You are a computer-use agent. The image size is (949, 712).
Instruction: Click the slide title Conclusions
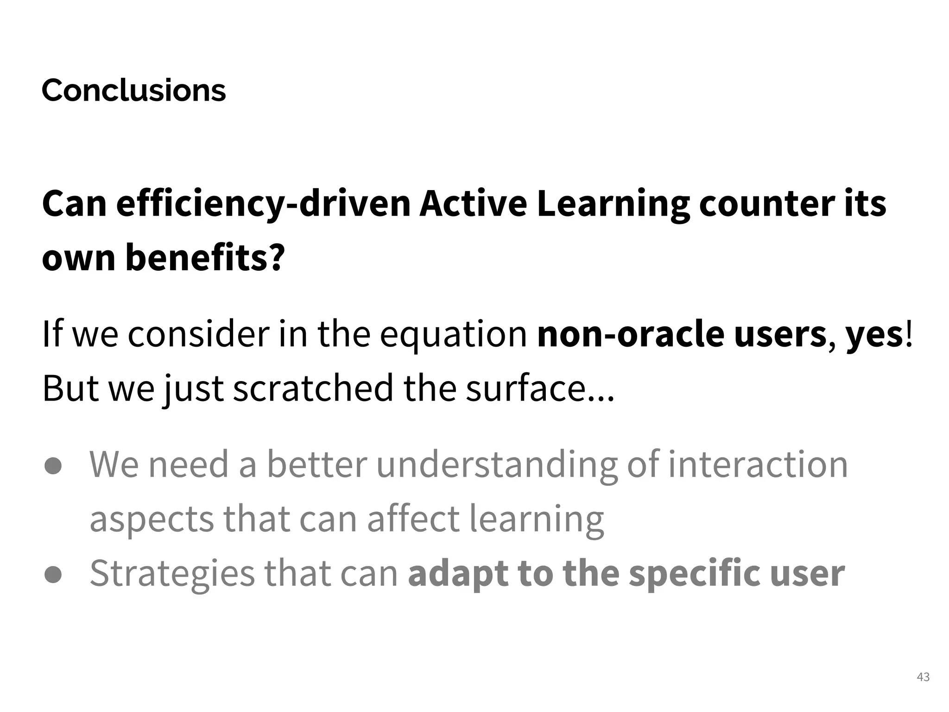[x=133, y=90]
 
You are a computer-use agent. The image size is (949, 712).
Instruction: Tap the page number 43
[x=923, y=677]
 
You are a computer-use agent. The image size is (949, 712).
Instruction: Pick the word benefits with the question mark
[x=204, y=258]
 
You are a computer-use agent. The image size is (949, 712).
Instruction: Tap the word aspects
[x=152, y=519]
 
